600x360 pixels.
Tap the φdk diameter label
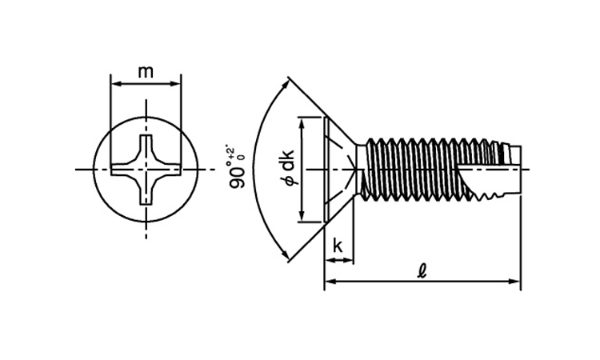pos(288,169)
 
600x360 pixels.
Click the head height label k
pos(338,246)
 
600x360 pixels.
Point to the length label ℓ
pos(422,270)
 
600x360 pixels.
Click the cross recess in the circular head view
pos(146,169)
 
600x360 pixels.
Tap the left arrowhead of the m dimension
pos(114,82)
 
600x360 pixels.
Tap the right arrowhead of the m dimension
pos(177,82)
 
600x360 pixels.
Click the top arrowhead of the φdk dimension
pos(302,122)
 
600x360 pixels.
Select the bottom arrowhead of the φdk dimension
pos(302,218)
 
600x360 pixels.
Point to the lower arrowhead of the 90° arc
pos(285,255)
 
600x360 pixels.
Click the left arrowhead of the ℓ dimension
pos(329,282)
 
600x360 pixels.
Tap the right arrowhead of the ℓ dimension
pos(516,282)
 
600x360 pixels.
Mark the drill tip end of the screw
pos(513,169)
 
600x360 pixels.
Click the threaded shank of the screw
pos(424,169)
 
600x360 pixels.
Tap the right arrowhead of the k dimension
pos(350,260)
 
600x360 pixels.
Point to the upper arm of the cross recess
pos(146,148)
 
